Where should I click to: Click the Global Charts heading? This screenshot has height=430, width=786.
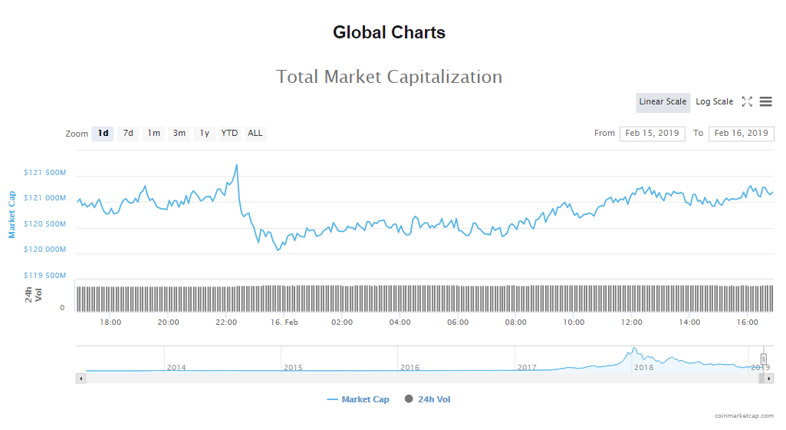[389, 32]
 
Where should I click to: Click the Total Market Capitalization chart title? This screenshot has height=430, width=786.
[389, 77]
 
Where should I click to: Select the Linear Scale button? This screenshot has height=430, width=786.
[663, 102]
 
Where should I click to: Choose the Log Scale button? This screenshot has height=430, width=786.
[714, 102]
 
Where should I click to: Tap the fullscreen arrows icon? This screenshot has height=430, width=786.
[747, 102]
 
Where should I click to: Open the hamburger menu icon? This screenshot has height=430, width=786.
[765, 102]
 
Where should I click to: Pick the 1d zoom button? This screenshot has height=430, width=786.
[103, 134]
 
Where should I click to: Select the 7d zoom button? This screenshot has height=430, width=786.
[128, 134]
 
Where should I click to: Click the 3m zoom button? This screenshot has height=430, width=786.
[179, 134]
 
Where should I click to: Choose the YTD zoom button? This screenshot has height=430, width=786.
[229, 134]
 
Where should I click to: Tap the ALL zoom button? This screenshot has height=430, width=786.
[255, 134]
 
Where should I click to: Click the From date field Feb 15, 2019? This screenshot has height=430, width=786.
[652, 134]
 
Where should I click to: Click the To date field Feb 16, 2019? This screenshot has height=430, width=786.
[741, 134]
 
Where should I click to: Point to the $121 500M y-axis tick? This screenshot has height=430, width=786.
[44, 174]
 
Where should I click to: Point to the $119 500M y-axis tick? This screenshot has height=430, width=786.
[44, 276]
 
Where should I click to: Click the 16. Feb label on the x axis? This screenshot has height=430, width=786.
[284, 322]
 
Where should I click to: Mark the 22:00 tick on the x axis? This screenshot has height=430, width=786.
[226, 322]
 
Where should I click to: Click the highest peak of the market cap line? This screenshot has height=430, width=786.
[236, 164]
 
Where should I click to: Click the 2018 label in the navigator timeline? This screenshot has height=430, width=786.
[643, 368]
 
